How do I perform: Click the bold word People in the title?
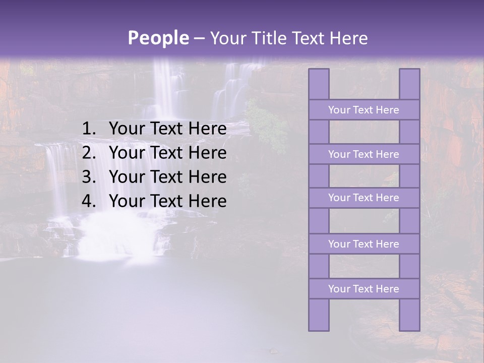pos(158,38)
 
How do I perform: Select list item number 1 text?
pos(167,129)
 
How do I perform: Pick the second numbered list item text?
pos(167,153)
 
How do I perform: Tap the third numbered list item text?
pos(167,177)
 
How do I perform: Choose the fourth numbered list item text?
pos(167,201)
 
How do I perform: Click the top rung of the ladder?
pos(364,110)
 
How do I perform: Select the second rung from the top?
pos(364,154)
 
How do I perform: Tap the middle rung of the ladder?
pos(364,198)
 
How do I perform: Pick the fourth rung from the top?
pos(364,244)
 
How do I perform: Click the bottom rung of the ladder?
pos(364,289)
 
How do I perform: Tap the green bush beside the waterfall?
pos(267,126)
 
